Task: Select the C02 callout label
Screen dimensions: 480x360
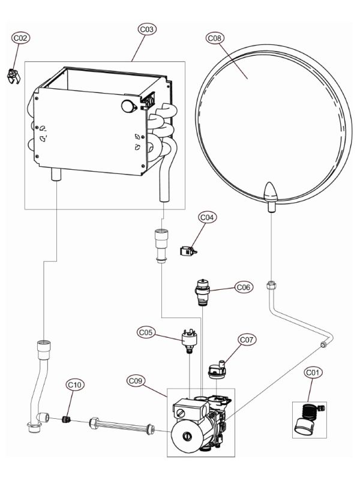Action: (x=21, y=38)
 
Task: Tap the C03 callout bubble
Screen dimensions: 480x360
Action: (x=147, y=29)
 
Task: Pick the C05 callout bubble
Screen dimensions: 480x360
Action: (x=147, y=331)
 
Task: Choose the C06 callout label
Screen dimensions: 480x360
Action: (x=243, y=287)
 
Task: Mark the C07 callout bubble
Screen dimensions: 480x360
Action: (x=247, y=340)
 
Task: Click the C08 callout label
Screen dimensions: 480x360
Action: (x=214, y=38)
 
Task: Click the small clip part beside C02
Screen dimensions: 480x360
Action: (x=13, y=77)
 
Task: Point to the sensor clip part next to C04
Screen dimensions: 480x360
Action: (x=189, y=252)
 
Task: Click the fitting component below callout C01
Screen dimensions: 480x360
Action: (x=307, y=421)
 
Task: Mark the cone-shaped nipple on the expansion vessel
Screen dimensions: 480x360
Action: (x=269, y=193)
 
